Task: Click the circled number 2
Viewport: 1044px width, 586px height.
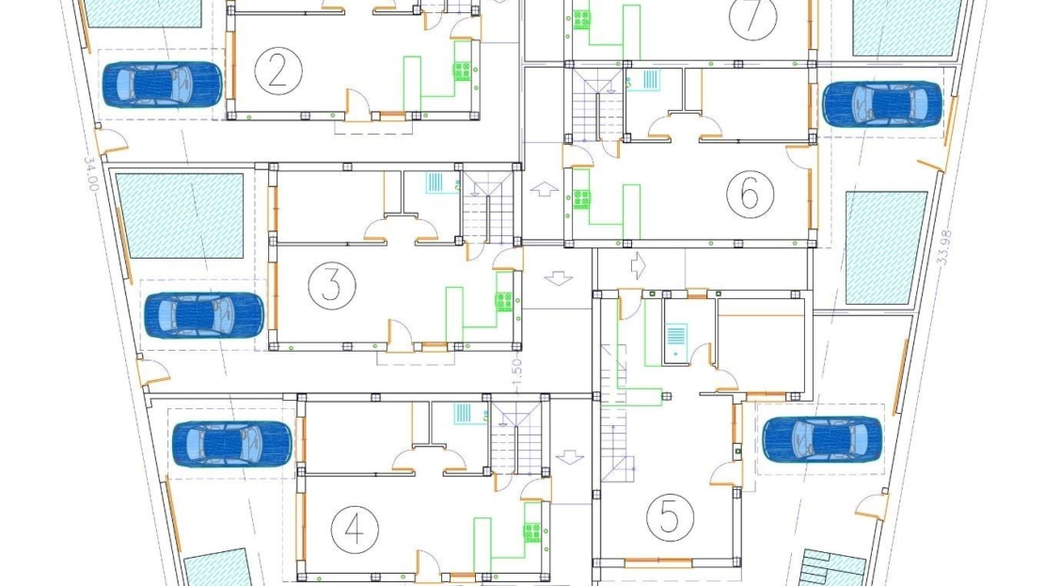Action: coord(278,70)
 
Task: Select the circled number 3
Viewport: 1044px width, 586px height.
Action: coord(332,286)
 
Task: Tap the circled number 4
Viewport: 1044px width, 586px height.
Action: coord(355,529)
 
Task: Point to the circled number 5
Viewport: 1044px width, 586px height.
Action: coord(671,515)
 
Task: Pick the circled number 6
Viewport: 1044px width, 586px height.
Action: coord(751,194)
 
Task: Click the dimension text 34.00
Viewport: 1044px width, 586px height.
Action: coord(90,174)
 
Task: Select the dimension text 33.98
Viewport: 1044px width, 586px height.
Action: coord(944,247)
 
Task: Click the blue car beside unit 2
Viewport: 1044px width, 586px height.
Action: coord(163,85)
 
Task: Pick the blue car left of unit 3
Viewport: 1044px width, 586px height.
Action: coord(204,315)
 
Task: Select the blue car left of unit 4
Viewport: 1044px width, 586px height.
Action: coord(231,443)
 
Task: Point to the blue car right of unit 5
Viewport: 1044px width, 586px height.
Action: coord(822,439)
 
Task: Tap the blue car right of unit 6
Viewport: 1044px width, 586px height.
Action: coord(882,103)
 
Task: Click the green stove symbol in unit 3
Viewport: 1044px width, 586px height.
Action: coord(504,302)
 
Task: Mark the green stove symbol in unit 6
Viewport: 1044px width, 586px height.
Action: coord(581,199)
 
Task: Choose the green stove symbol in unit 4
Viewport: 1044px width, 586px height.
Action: coord(532,532)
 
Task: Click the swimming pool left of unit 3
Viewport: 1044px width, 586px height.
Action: coord(180,215)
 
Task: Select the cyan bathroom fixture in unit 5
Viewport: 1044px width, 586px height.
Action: coord(676,341)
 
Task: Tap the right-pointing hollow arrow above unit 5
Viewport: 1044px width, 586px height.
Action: coord(638,265)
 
